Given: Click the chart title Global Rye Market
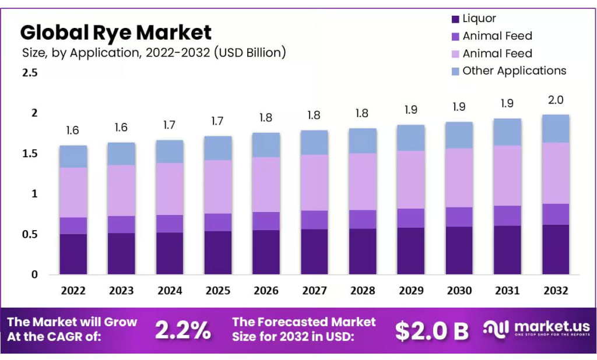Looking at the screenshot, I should pos(116,31).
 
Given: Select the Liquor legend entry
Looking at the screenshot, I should pos(479,19).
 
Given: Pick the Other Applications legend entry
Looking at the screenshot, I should pos(514,70).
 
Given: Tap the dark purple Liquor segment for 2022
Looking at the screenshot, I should pos(73,254).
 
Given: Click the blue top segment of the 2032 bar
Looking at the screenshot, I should pos(556,129).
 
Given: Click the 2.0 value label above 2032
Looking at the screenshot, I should pos(556,100).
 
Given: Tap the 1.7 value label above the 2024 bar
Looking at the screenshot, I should pos(170,125).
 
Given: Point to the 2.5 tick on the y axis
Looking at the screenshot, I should pos(30,73).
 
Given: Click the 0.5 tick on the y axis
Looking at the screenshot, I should pos(30,234).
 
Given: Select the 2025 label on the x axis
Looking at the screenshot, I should pos(218,291).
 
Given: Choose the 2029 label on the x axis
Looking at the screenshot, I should pos(411,291).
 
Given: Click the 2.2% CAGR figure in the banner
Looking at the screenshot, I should pos(182,330).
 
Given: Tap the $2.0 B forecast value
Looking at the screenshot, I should pos(431,330).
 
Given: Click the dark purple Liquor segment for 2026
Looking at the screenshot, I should pos(266,252).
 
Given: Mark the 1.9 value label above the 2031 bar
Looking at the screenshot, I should pos(507,104).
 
